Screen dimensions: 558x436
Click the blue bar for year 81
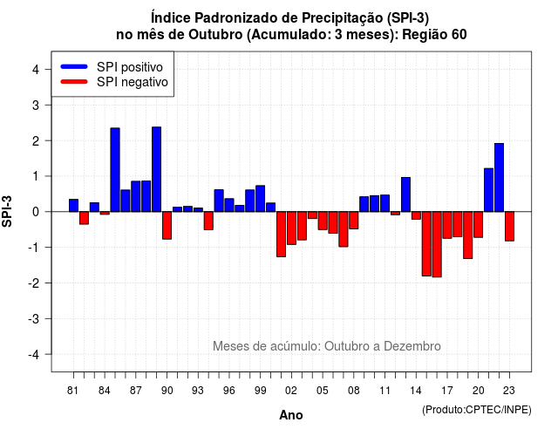point(73,206)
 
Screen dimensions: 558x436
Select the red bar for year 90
point(167,225)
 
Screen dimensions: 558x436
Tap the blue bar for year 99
point(260,199)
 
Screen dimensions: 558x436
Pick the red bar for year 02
point(291,228)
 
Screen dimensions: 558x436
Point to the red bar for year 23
point(509,227)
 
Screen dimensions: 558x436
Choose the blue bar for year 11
point(384,203)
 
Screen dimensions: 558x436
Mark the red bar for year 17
point(447,225)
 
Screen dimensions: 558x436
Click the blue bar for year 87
point(136,196)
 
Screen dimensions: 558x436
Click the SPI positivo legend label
point(130,67)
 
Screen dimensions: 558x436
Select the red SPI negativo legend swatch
point(74,82)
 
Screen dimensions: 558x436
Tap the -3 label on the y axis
point(34,318)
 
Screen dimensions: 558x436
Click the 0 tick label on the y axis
point(36,212)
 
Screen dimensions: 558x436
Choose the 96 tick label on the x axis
point(228,391)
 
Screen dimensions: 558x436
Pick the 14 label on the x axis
point(416,391)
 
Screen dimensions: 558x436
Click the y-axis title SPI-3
point(7,211)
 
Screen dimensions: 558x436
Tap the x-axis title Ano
point(291,415)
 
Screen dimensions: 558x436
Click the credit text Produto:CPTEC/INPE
point(477,410)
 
